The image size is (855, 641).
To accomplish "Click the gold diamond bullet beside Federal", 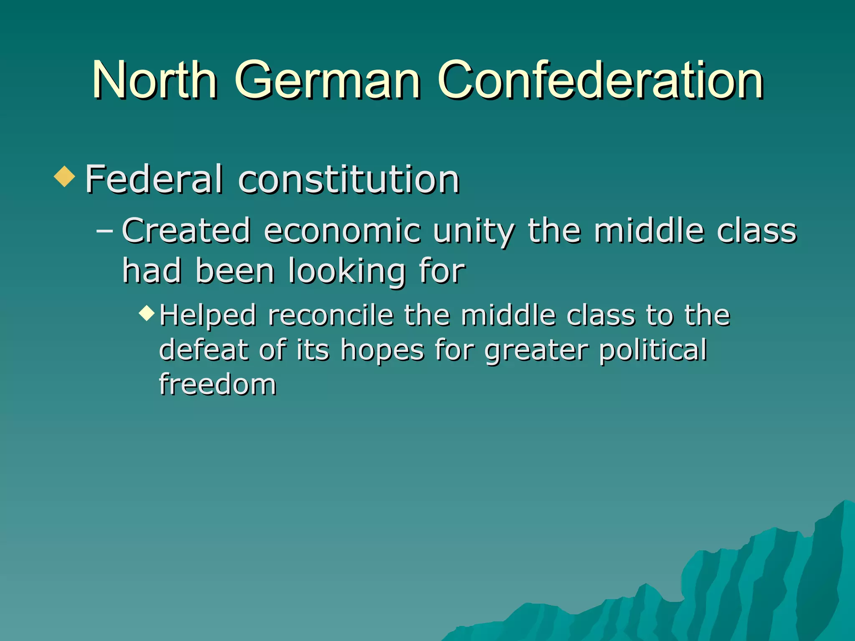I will point(65,176).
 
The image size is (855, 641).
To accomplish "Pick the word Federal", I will point(154,179).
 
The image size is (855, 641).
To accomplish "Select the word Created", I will point(186,231).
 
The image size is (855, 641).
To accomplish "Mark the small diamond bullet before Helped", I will point(147,312).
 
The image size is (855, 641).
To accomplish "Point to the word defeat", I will point(204,349).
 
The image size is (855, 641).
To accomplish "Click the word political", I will point(653,350).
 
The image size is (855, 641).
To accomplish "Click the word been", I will point(235,271).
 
